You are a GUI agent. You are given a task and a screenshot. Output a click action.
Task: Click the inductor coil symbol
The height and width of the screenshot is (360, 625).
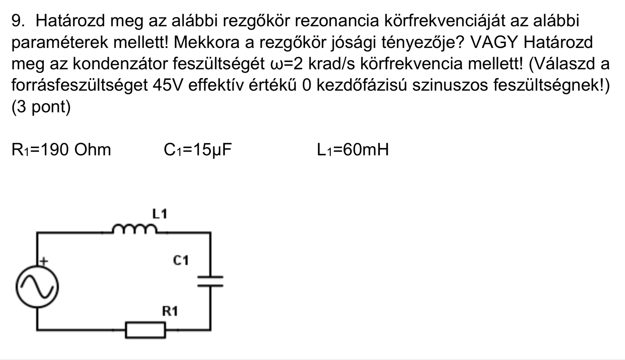(135, 229)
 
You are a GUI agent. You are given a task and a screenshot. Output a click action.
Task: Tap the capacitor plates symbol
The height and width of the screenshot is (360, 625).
(210, 281)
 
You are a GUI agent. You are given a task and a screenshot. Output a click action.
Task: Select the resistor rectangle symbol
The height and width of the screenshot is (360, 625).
(146, 330)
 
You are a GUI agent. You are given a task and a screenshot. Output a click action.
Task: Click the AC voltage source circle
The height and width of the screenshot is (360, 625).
(37, 286)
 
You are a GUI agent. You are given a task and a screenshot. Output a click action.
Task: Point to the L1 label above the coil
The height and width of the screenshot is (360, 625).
(160, 214)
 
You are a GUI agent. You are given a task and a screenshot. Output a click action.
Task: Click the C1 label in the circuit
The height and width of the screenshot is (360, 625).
(181, 261)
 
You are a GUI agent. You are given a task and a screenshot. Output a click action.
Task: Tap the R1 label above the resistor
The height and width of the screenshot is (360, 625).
(170, 311)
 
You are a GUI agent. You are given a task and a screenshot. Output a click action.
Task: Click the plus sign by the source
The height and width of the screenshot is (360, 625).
(44, 261)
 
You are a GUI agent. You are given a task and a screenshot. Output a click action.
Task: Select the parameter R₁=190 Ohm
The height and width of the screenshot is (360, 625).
(61, 150)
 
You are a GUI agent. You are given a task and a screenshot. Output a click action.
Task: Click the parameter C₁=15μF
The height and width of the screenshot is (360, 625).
(198, 150)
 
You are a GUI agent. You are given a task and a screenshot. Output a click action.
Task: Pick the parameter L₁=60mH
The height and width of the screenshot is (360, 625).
(353, 150)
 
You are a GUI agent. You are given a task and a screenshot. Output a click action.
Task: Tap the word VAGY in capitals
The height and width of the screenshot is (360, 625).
(494, 42)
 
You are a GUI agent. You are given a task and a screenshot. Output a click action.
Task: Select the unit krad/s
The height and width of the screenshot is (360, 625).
(333, 64)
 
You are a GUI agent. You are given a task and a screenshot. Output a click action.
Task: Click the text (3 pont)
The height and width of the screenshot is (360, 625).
(41, 107)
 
